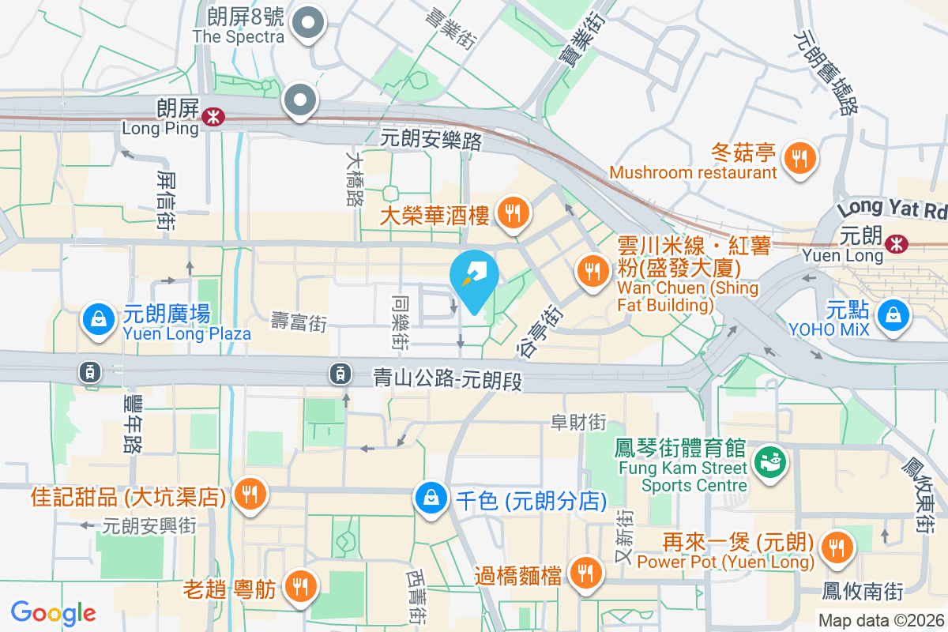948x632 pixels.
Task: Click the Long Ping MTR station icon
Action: [212, 117]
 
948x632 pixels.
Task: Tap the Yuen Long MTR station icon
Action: [896, 245]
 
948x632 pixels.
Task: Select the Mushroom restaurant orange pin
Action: [800, 159]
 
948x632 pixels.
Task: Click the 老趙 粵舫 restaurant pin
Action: [299, 585]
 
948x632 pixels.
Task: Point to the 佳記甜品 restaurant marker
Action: [250, 495]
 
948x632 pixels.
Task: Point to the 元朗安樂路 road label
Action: [431, 139]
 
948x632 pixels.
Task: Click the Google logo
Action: [53, 612]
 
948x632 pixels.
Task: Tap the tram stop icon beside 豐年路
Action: [90, 371]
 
